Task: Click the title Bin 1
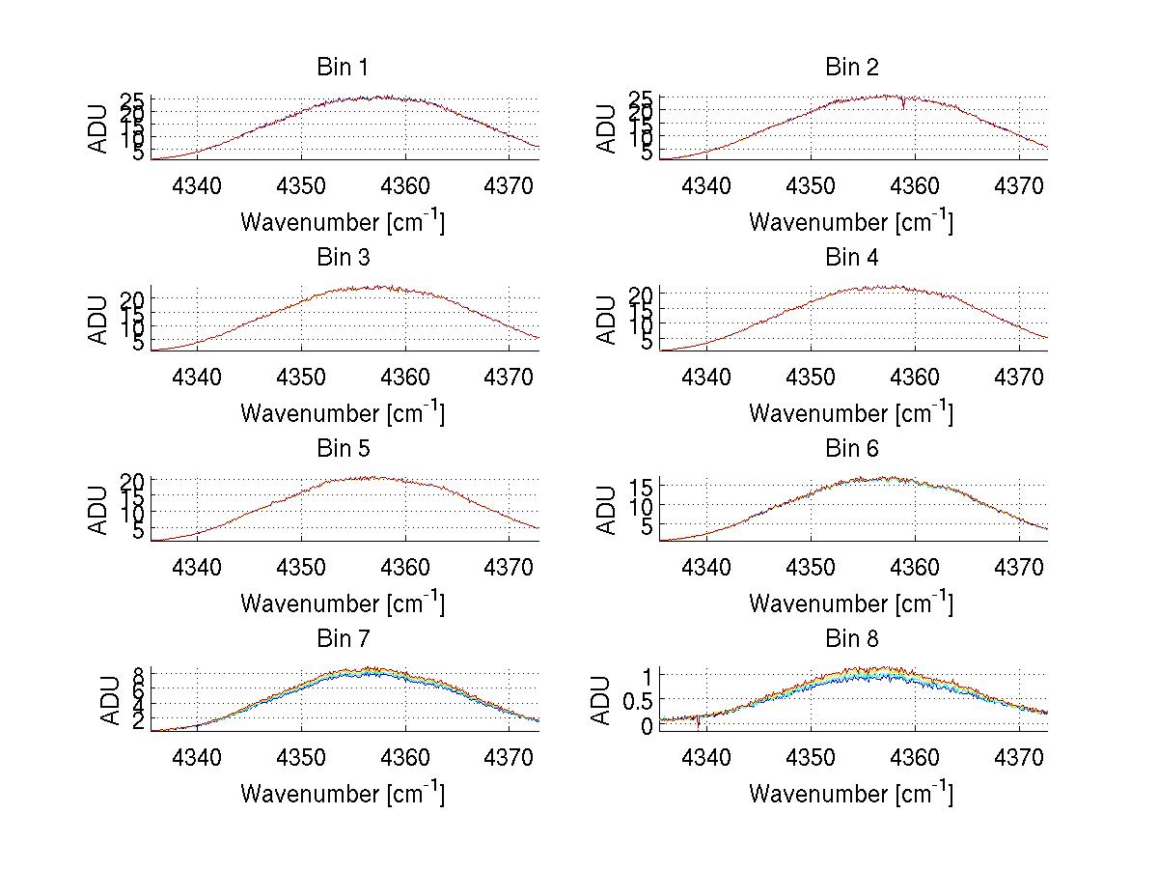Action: [x=342, y=68]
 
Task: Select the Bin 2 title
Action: [x=852, y=68]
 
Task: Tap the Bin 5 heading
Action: [x=342, y=449]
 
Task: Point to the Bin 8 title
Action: [x=852, y=639]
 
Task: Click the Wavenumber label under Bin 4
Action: [x=850, y=413]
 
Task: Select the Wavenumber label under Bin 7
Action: [x=342, y=794]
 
